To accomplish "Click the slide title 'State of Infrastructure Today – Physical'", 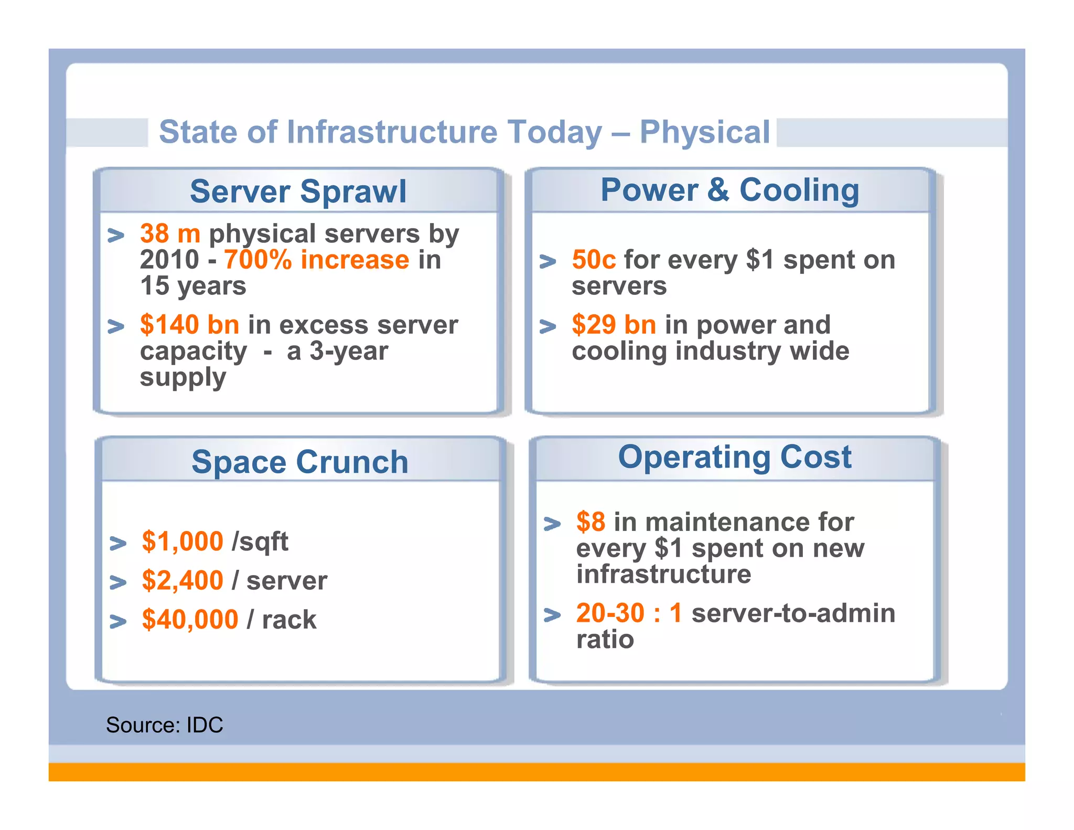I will [x=464, y=132].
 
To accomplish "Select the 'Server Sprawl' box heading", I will [x=298, y=191].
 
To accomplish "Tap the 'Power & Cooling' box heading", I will [x=729, y=190].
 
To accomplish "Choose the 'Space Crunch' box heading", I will [x=299, y=462].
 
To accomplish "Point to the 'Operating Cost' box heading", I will [x=735, y=456].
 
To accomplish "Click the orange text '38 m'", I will [x=170, y=233].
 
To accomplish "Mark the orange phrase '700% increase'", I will [x=316, y=260].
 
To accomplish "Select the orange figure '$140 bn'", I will [x=189, y=325].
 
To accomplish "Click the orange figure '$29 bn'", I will [x=614, y=325].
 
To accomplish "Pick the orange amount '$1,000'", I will [x=182, y=541].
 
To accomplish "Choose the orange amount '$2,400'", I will [x=182, y=581].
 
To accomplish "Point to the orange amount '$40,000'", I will [x=190, y=620].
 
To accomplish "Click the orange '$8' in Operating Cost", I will [x=590, y=522].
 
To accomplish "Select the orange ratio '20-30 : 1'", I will [x=629, y=613].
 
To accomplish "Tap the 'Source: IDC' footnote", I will [x=164, y=725].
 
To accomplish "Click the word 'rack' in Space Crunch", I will [x=289, y=620].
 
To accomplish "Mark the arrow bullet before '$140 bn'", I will [x=116, y=326].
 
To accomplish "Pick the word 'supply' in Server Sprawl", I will [x=183, y=378].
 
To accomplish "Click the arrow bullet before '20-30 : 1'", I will [x=552, y=614].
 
